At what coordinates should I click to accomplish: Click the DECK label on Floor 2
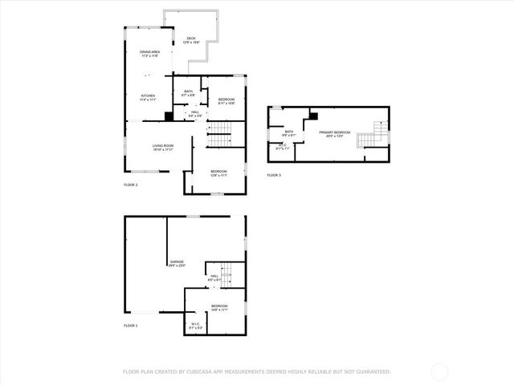point(191,38)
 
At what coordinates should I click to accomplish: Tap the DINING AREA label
point(149,52)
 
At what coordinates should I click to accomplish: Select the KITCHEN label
point(149,95)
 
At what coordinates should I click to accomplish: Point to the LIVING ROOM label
point(163,145)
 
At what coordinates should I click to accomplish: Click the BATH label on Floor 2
point(188,91)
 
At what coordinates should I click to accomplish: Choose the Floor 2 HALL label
point(195,112)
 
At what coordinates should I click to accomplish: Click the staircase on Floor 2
point(219,139)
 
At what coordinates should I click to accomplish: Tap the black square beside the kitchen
point(168,116)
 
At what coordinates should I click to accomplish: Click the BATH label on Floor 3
point(288,131)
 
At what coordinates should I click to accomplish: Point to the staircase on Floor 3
point(369,136)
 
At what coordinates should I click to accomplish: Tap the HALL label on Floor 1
point(214,276)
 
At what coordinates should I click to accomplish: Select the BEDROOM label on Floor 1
point(219,306)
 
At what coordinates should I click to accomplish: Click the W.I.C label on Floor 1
point(196,324)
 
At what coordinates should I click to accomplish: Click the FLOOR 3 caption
point(275,175)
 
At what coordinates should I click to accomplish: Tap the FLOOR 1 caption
point(131,326)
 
